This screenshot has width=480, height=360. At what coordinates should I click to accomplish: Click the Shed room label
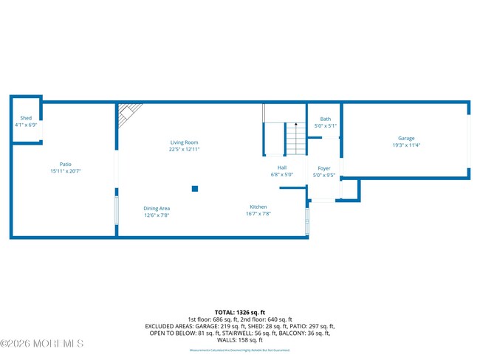point(26,118)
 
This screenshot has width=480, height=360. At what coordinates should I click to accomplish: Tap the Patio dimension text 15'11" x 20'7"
point(66,171)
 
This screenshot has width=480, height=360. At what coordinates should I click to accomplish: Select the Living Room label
point(184,142)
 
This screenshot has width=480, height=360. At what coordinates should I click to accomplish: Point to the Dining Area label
point(157,209)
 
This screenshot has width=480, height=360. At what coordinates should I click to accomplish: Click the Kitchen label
point(258,207)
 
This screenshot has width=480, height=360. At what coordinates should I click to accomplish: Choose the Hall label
point(282,168)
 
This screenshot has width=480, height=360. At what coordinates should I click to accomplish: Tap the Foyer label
point(323,169)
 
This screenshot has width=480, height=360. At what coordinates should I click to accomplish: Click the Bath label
point(325,119)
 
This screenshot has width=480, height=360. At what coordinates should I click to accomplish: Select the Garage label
point(406,138)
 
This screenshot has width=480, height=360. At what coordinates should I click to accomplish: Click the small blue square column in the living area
point(195,189)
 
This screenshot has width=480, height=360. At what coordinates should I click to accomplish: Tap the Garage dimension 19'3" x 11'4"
point(406,145)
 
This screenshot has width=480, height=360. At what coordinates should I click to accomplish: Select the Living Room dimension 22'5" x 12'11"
point(184,149)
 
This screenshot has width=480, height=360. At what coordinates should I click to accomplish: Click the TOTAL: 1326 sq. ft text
point(240,312)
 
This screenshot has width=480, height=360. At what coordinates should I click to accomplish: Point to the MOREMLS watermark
point(42,344)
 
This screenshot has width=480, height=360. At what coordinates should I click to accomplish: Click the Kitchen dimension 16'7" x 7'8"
point(258,214)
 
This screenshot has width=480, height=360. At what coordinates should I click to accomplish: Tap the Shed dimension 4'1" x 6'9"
point(26,125)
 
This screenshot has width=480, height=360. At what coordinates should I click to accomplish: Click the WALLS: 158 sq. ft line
point(240,340)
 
